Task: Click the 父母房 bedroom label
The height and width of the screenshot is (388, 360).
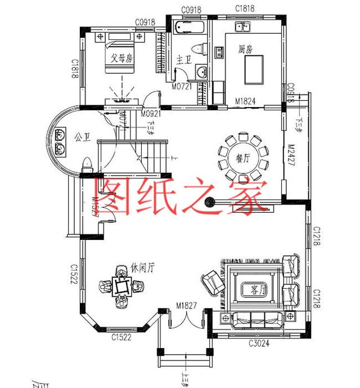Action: (121, 57)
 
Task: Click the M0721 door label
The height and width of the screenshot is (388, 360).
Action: (182, 87)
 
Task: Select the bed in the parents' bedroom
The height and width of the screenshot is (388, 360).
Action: (120, 52)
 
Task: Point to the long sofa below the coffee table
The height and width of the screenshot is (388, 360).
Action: (256, 320)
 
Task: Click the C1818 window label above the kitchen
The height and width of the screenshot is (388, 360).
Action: (245, 10)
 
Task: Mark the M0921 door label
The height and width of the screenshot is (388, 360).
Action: (151, 113)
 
